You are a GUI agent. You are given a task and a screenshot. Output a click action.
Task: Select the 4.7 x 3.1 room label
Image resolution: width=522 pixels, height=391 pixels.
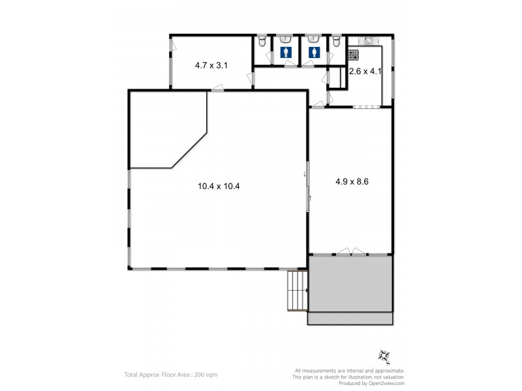211,65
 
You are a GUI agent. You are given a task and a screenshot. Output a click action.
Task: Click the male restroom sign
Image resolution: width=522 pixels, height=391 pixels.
285,51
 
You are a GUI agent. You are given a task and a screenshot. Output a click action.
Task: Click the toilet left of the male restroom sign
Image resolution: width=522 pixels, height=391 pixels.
262,43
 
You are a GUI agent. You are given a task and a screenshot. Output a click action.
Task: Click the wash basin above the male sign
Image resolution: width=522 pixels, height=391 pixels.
285,38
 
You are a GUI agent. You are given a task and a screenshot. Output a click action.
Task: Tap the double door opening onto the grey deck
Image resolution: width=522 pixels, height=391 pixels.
350,252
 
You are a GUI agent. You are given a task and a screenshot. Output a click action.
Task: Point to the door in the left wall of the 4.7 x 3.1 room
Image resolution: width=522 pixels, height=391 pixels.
172,46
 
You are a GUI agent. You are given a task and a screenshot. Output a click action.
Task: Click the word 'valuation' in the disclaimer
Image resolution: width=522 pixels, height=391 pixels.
394,377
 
